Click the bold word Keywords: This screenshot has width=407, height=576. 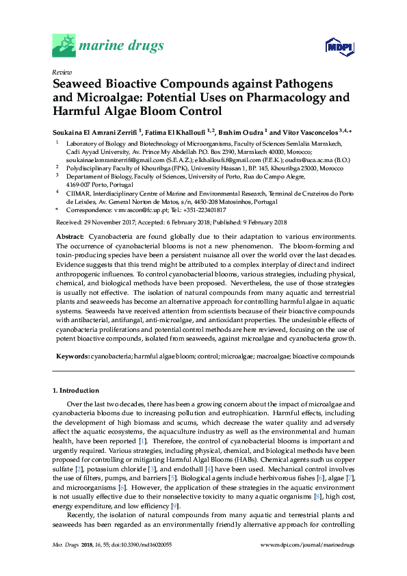click(72, 356)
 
